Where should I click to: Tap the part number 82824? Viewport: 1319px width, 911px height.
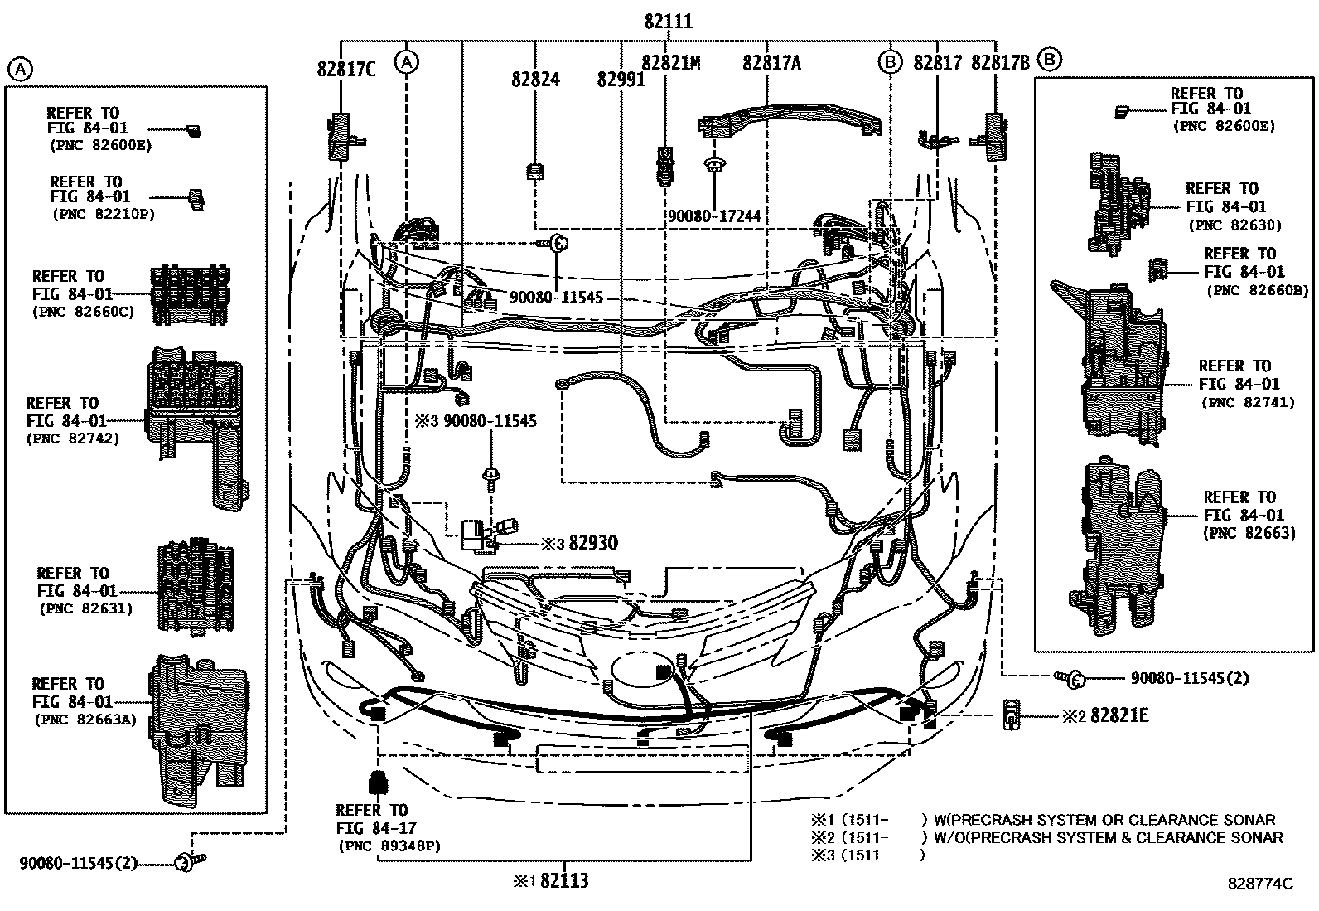[x=535, y=80]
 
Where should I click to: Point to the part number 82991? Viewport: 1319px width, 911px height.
[x=621, y=80]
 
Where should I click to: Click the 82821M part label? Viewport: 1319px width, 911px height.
[x=671, y=63]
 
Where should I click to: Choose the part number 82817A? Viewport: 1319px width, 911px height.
[x=771, y=63]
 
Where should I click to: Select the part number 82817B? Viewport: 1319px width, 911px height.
[x=1000, y=63]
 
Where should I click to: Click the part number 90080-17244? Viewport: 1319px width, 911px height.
[x=714, y=216]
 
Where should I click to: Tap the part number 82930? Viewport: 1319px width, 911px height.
[x=594, y=544]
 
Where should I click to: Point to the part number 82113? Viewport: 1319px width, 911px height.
[x=563, y=880]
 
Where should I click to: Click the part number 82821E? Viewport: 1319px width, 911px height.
[x=1119, y=715]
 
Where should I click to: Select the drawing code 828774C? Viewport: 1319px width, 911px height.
[x=1259, y=884]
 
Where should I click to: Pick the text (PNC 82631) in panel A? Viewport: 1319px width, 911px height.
[x=86, y=608]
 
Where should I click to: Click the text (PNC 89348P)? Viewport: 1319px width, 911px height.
[x=389, y=846]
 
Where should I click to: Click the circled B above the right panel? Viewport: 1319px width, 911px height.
[x=1050, y=59]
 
